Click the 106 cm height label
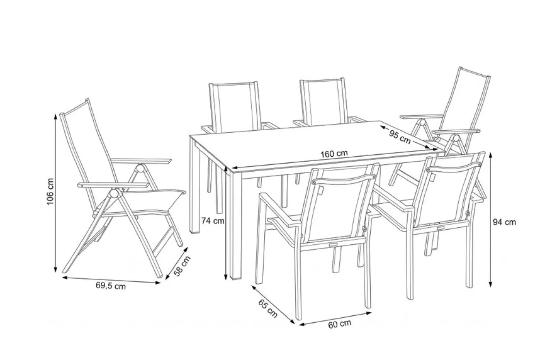point(50,192)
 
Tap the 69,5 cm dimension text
point(111,286)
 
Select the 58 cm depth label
point(182,266)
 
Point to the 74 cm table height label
point(213,221)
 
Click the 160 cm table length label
point(334,154)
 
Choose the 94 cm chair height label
point(504,222)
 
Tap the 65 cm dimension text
point(268,308)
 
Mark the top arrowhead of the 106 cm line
point(56,116)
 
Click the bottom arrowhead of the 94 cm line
point(490,285)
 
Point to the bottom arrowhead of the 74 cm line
point(226,277)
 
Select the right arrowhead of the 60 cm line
point(369,313)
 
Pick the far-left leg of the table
point(195,187)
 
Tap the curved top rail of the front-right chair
point(454,167)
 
